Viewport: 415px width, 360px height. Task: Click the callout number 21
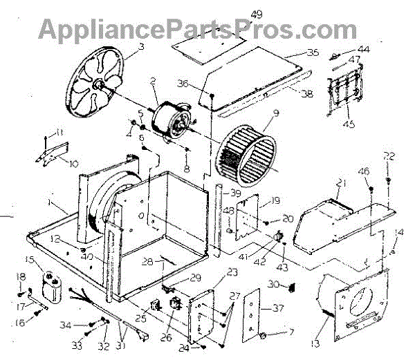(340, 183)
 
